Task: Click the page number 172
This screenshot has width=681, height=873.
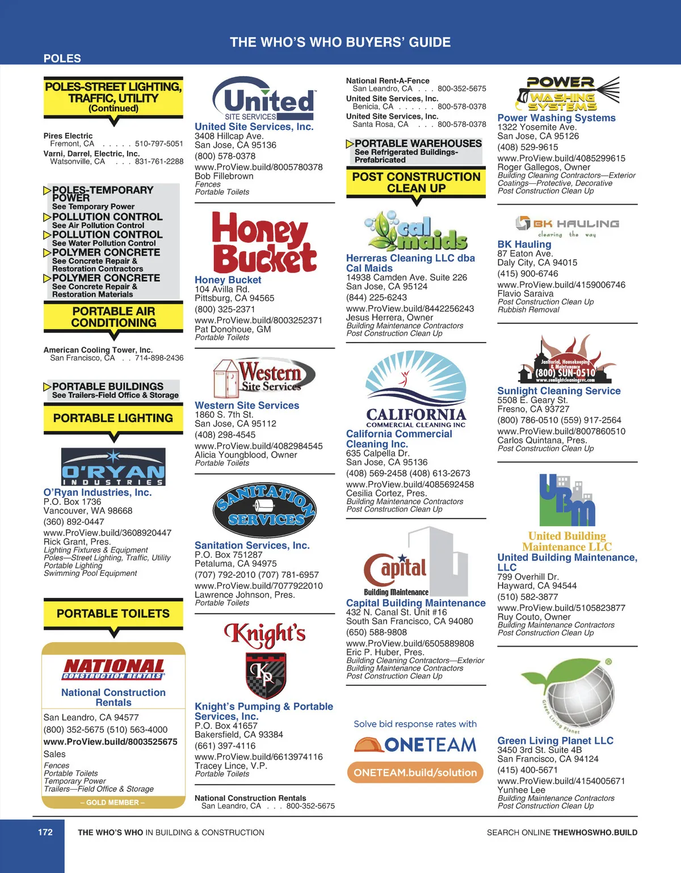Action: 45,832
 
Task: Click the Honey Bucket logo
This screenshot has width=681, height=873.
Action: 264,242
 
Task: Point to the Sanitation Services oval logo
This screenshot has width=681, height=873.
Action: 264,511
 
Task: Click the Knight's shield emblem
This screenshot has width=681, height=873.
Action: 265,675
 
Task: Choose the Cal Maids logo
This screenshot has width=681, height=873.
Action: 416,231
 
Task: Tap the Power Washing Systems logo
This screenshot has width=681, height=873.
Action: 567,94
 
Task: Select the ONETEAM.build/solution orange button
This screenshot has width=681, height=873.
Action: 415,773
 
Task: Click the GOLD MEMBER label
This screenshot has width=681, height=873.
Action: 113,803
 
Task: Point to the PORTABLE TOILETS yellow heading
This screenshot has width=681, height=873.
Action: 113,614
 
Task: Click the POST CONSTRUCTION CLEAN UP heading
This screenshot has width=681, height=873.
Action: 416,182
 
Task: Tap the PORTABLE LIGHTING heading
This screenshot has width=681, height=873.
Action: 113,418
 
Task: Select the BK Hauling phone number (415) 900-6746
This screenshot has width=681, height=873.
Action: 528,273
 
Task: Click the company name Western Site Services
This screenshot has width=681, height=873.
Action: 247,406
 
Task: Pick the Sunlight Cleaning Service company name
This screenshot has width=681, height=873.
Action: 559,391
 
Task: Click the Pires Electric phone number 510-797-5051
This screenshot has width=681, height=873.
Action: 159,144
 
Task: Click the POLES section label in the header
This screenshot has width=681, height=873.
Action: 62,58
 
